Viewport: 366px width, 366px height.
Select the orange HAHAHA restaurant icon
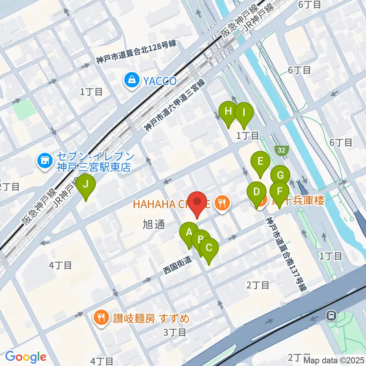point(221,203)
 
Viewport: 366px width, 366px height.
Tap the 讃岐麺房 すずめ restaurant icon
point(101,318)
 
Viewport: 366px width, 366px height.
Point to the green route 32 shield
point(281,151)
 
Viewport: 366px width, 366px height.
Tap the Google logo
point(26,357)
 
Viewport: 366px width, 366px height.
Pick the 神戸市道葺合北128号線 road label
point(136,52)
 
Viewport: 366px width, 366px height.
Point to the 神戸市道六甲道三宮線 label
point(175,106)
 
